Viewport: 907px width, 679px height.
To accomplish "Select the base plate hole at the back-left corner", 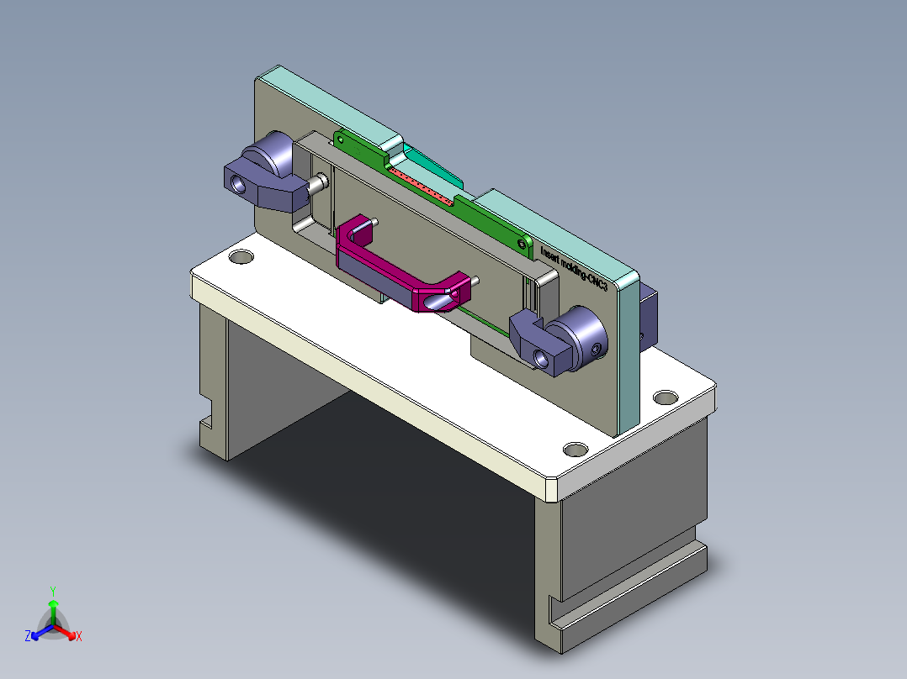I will click(241, 256).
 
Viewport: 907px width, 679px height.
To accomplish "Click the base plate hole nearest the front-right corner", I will click(575, 449).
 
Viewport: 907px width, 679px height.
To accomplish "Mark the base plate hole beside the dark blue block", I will click(666, 396).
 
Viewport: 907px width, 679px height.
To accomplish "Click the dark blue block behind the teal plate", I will click(648, 316).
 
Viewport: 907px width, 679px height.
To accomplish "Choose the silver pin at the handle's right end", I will click(475, 282).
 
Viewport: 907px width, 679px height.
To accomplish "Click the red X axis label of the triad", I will click(79, 637).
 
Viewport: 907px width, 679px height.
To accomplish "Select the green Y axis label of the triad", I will click(53, 591).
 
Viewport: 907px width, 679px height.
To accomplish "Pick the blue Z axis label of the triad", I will click(29, 636).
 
